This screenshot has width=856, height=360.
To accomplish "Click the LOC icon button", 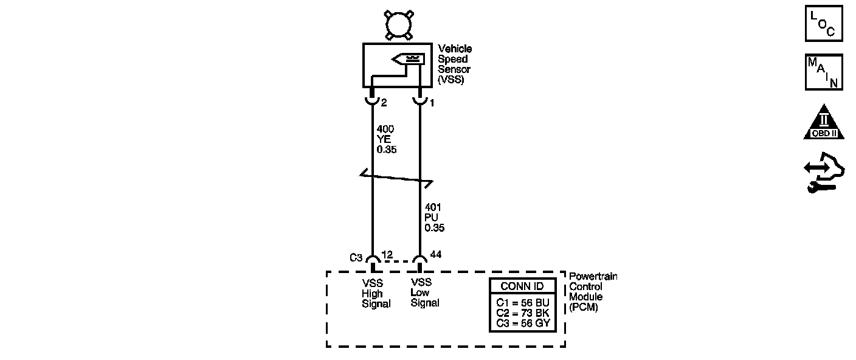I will (x=824, y=24).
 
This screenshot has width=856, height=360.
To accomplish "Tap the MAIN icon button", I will (x=824, y=72).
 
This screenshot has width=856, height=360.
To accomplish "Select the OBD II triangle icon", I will (x=824, y=122).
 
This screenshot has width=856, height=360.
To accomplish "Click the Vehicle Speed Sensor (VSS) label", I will (x=454, y=64).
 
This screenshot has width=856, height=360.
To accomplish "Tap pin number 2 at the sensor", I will (x=384, y=103).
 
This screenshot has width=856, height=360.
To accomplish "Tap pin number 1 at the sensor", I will (x=432, y=103).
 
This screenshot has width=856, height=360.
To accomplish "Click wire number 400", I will (x=385, y=129).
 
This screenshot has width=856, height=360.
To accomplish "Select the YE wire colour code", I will (x=383, y=139).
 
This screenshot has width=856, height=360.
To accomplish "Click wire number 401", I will (x=433, y=208).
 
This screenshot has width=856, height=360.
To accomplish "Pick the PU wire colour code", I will (x=432, y=218).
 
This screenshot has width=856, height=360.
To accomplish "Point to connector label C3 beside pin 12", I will (x=356, y=257).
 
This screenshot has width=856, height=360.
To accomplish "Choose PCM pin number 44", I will (x=436, y=254).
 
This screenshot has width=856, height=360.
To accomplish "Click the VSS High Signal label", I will (x=376, y=293).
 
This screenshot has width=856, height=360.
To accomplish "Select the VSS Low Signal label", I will (x=424, y=292).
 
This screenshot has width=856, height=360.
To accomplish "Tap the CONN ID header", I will (x=522, y=286).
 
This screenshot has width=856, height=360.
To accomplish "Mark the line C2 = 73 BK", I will (x=522, y=313).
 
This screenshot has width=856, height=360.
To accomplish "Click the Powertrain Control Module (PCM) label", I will (x=593, y=292).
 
